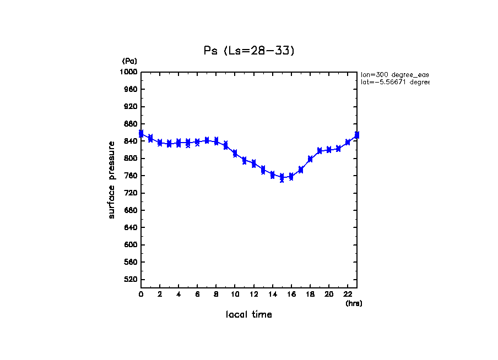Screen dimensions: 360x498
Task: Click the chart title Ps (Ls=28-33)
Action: tap(249, 51)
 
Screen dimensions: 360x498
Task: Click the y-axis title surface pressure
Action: tap(112, 179)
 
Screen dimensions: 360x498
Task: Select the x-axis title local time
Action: tap(248, 314)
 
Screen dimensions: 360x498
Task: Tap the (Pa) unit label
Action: tap(129, 61)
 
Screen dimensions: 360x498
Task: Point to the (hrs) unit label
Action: tap(354, 303)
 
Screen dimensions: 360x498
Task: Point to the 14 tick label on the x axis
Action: tap(272, 294)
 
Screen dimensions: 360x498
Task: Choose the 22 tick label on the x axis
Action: tap(348, 294)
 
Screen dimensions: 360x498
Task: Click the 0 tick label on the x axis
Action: tap(141, 294)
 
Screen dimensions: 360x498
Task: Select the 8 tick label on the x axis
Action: tap(216, 294)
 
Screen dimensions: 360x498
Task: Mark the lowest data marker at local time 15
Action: tap(282, 179)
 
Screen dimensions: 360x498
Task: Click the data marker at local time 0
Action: tap(141, 134)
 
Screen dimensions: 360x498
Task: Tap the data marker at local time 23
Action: tap(357, 135)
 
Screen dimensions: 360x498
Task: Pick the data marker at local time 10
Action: tap(235, 154)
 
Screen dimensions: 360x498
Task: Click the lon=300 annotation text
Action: tap(394, 74)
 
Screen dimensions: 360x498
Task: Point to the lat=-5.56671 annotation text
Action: tap(394, 82)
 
